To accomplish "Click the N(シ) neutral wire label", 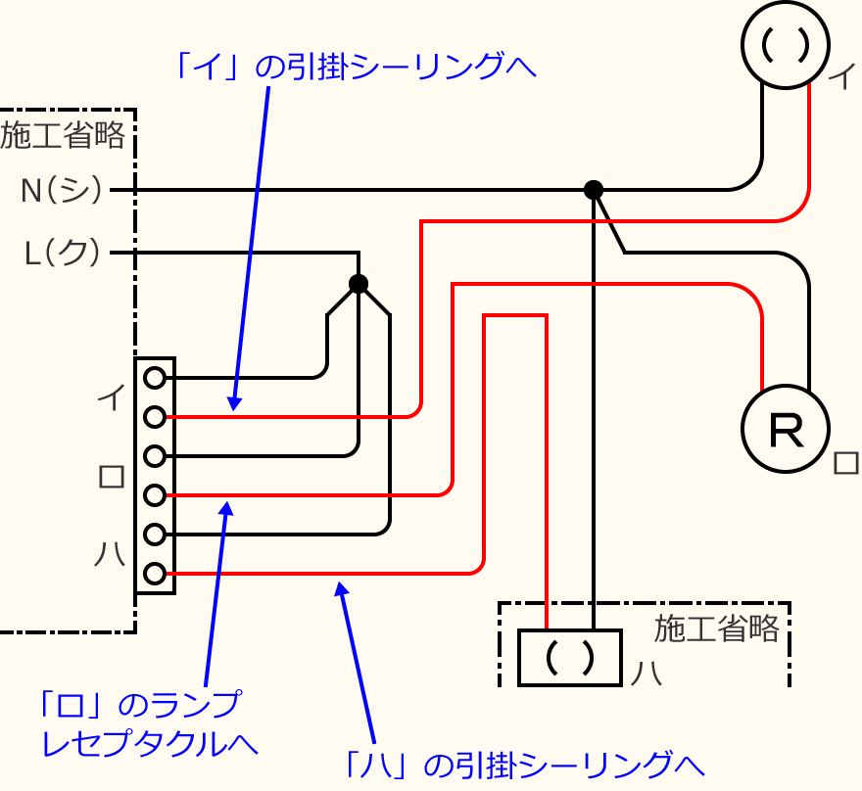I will [x=62, y=190].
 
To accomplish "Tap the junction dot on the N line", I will [x=593, y=189].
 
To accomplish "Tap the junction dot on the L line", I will [x=359, y=284].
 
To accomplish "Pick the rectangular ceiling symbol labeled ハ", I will [x=570, y=657].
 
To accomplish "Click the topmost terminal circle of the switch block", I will [x=154, y=377].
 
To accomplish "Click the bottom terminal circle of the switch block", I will [x=154, y=574].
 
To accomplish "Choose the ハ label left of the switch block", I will [x=109, y=554].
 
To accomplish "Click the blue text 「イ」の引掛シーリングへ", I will [x=354, y=66].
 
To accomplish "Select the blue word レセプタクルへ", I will [x=149, y=742].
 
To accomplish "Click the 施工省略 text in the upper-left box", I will [x=63, y=135].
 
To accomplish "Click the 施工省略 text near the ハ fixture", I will [x=717, y=628].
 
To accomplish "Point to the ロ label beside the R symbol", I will [x=844, y=462].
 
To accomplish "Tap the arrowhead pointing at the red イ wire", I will [x=233, y=402].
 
